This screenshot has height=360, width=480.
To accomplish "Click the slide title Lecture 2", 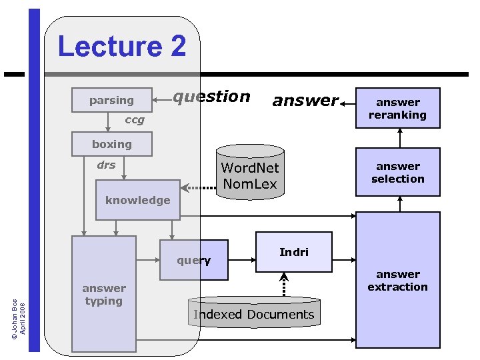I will point(122,47).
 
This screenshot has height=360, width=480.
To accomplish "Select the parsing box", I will point(112,100).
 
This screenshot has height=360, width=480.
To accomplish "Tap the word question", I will point(211,97).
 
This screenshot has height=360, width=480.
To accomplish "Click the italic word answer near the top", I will point(305,101).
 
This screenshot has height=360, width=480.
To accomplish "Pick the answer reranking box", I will point(397,108).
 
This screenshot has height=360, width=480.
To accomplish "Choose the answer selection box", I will point(397,173).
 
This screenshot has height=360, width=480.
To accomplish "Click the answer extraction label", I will point(397,281).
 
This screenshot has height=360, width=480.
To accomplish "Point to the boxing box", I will point(112,144).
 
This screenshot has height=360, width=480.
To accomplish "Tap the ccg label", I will point(135,121).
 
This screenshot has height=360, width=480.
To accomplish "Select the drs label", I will point(106,165).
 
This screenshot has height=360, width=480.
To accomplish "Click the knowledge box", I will point(137,200).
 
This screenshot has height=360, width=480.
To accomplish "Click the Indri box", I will point(294,252).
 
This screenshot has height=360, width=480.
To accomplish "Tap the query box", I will point(194,260).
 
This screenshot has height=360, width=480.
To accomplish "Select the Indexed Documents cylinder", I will point(254,314).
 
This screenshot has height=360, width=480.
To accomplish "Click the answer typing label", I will point(103,294).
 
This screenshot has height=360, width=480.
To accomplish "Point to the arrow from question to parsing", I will point(163,100).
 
